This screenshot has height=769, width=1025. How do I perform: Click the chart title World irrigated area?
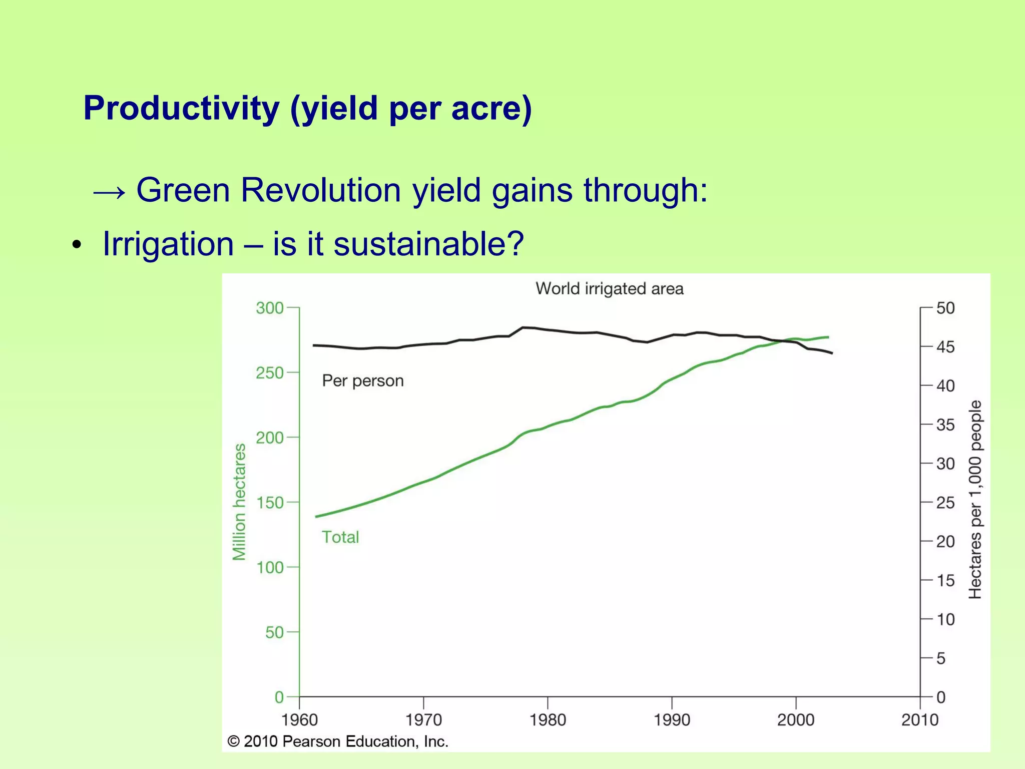[609, 289]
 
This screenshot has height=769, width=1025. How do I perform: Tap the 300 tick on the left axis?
[270, 308]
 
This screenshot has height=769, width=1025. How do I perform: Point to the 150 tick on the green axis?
[270, 502]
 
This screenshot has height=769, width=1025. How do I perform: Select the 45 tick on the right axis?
[945, 347]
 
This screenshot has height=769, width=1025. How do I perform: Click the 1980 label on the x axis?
[548, 720]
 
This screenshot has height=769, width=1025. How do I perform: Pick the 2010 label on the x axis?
[919, 720]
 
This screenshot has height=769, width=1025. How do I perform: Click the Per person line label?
[363, 381]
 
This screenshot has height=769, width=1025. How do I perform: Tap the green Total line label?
[340, 537]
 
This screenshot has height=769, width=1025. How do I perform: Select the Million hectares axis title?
[240, 502]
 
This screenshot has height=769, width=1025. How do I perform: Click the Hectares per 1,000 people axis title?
[975, 500]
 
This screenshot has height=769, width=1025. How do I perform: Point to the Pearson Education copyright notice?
[338, 741]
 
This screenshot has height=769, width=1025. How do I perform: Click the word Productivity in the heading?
[181, 109]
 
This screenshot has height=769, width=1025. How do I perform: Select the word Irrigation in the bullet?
[168, 244]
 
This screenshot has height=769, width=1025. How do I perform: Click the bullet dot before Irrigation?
[76, 245]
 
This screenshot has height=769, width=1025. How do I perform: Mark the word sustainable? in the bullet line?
[428, 244]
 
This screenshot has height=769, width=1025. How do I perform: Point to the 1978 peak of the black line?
[523, 327]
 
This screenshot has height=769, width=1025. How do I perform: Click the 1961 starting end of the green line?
[316, 516]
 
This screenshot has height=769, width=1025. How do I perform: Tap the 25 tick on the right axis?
[945, 503]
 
